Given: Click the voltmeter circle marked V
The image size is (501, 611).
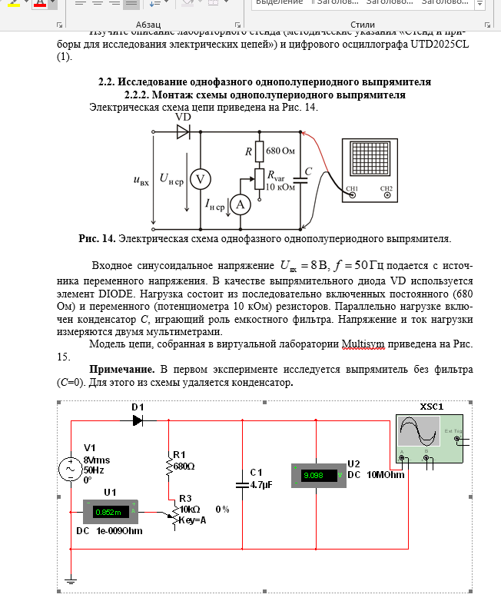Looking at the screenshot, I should pos(201,179).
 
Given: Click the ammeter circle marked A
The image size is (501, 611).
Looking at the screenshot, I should pos(241,204).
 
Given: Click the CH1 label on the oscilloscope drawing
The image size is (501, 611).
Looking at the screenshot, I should pos(353,188).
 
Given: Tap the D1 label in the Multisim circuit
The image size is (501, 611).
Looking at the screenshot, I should pos(138,407).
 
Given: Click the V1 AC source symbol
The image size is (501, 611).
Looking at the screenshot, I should pos(71,468).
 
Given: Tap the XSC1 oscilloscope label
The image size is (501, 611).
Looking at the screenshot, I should pos(432,406).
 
